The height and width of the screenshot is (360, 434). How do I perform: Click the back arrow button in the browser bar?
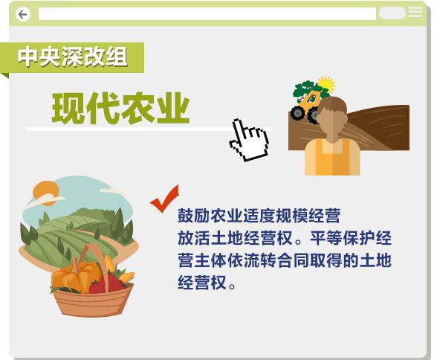[x=23, y=14]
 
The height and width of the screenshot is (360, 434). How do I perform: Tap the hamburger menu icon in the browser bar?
[x=415, y=12]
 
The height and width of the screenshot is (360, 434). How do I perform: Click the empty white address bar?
[x=207, y=13]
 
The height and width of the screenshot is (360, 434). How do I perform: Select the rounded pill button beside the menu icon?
[x=392, y=13]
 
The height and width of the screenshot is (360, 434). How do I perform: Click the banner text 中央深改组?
[x=73, y=57]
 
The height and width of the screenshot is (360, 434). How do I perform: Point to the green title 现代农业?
[x=120, y=108]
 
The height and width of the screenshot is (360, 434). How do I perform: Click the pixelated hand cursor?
[x=249, y=140]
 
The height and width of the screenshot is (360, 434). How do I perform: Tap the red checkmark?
[x=165, y=199]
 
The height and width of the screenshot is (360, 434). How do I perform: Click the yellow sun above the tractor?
[x=326, y=84]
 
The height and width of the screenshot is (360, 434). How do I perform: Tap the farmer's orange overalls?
[x=332, y=157]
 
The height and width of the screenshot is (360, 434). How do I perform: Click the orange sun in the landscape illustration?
[x=45, y=193]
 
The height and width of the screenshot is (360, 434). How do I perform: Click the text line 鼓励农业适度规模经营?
[x=259, y=216]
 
